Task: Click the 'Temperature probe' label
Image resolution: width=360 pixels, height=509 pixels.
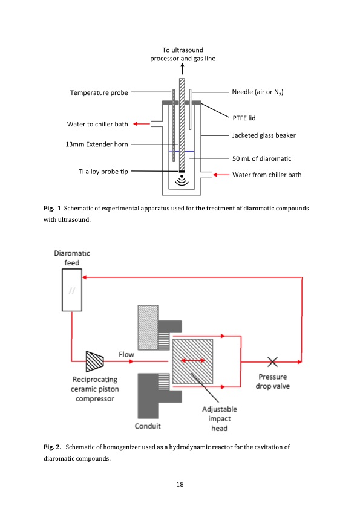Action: [99, 93]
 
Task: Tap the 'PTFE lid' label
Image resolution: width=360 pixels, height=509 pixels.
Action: [244, 118]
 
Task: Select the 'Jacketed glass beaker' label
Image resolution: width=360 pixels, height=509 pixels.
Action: [264, 135]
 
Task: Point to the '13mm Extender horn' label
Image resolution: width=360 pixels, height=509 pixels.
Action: [96, 144]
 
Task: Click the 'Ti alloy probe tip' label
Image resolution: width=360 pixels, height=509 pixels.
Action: [99, 172]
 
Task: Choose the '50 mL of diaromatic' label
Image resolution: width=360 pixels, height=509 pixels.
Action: [262, 159]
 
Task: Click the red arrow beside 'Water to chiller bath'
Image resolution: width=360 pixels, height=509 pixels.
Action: [141, 124]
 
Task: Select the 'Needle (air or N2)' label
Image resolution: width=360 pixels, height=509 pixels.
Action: [258, 92]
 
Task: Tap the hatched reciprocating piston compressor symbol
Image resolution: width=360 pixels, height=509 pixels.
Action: [95, 361]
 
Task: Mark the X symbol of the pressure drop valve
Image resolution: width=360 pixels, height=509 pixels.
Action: [273, 361]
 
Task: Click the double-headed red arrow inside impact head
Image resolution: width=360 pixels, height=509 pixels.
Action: [193, 361]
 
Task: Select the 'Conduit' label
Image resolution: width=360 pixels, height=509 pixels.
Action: [148, 426]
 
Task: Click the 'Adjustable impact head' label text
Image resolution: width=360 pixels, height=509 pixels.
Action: [219, 419]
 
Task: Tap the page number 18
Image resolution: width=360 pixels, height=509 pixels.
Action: [180, 484]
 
